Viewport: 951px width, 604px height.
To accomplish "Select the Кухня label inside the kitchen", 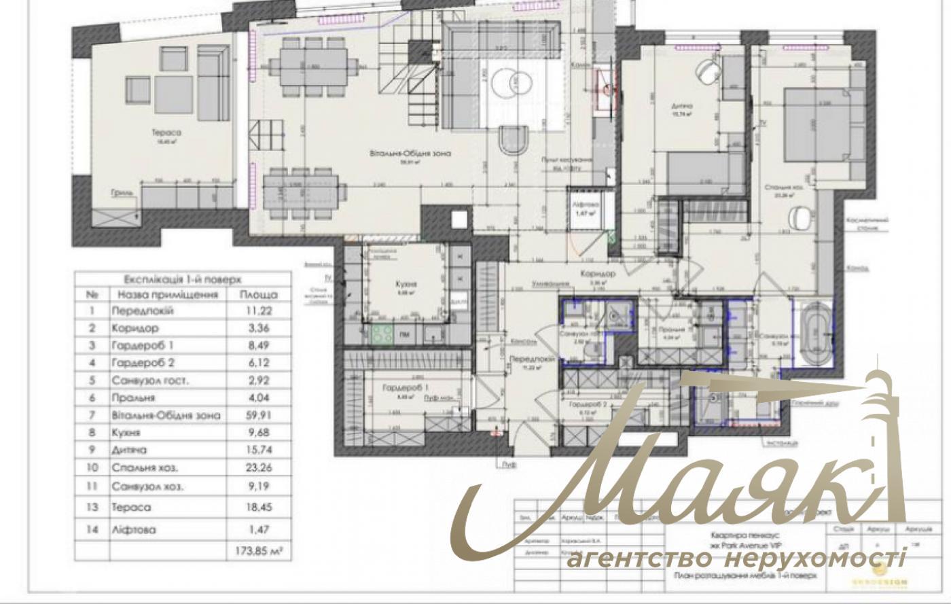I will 406,285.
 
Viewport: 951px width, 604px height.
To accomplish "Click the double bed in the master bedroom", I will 818,126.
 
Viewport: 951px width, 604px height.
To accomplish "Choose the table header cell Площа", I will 258,295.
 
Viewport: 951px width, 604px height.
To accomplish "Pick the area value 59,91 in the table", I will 258,415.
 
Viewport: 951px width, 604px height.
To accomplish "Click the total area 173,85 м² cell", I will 258,551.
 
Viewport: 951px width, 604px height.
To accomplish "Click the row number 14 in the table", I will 93,529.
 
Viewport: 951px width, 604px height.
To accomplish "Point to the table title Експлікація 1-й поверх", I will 182,279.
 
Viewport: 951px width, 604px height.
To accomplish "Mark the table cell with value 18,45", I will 258,507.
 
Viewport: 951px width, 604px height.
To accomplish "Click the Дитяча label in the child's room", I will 682,107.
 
